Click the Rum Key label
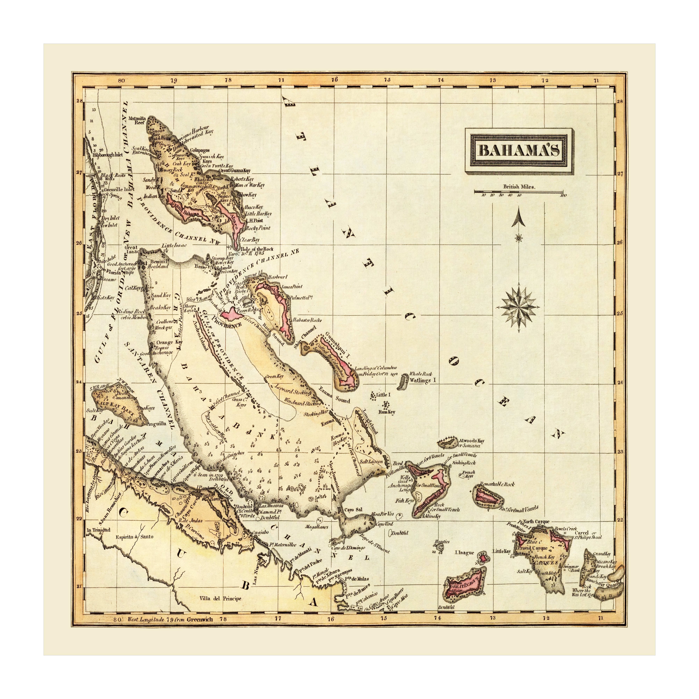pos(387,412)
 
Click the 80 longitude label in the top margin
pos(121,80)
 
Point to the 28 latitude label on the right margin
pos(620,102)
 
